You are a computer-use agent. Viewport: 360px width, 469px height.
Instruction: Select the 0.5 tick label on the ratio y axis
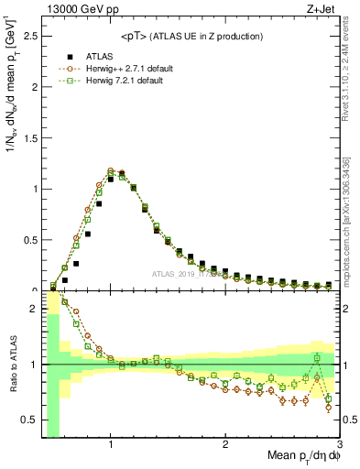(30, 420)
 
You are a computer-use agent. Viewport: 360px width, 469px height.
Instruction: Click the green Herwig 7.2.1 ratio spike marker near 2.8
(317, 357)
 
